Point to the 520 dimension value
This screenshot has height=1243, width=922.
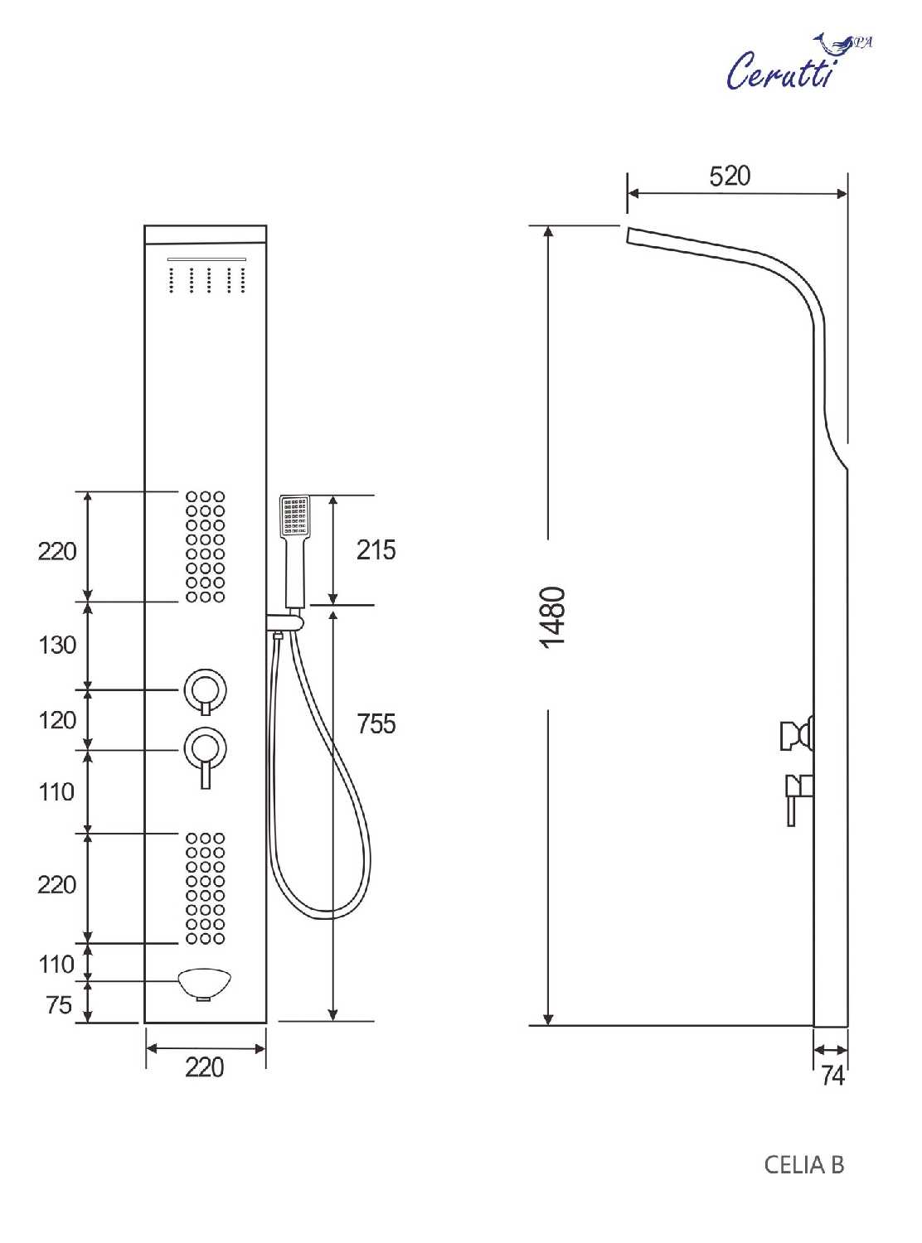click(x=729, y=177)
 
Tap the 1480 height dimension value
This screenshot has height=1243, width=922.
click(x=554, y=617)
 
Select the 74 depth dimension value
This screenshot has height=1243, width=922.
click(x=832, y=1075)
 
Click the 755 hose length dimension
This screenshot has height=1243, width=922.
click(x=376, y=723)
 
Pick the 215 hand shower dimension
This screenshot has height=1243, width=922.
click(x=376, y=549)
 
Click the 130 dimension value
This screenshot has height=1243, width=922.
click(x=57, y=645)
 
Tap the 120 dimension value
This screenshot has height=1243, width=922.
click(x=57, y=720)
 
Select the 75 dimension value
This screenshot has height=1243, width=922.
click(x=59, y=1005)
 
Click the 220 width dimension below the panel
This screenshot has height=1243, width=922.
click(x=205, y=1067)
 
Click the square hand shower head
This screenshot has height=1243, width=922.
click(x=294, y=516)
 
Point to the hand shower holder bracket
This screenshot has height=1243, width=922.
click(x=287, y=621)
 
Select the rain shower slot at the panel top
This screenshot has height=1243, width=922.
click(x=207, y=259)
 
